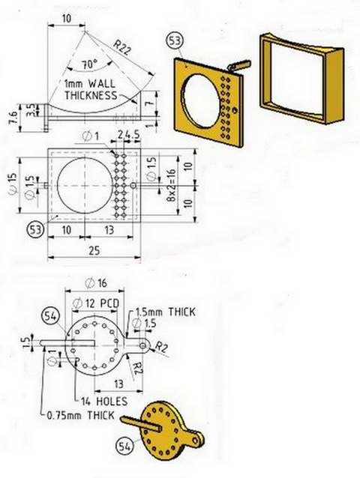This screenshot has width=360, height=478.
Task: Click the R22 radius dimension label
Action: (122, 48)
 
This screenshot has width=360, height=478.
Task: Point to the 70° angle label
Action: (89, 64)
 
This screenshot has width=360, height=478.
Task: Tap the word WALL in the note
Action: (101, 83)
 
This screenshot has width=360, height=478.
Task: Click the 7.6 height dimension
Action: (12, 118)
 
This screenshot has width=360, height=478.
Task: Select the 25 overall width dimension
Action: (94, 250)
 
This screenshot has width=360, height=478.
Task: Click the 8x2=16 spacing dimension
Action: (172, 185)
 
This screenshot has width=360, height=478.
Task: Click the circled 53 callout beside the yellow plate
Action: (175, 41)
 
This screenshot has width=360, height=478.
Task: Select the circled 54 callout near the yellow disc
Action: (124, 447)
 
